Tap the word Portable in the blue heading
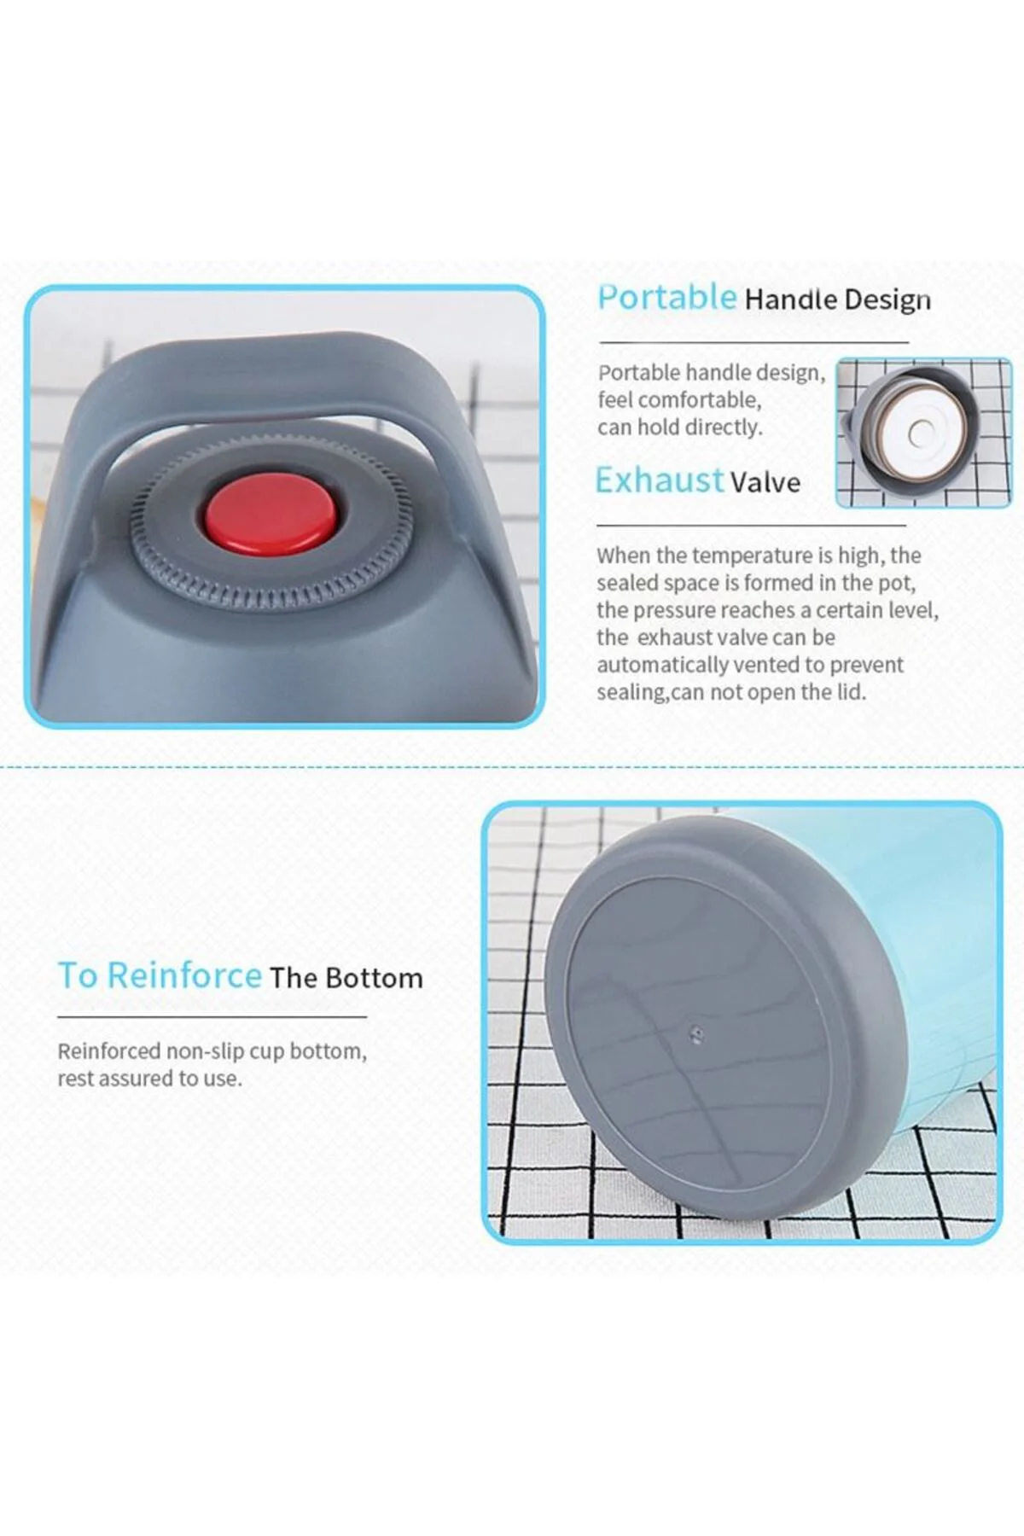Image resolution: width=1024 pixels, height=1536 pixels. [x=666, y=298]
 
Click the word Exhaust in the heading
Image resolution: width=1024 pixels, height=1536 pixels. [x=660, y=480]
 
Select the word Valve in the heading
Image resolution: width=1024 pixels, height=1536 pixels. [x=765, y=482]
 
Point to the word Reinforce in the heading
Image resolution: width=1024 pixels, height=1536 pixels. [x=184, y=975]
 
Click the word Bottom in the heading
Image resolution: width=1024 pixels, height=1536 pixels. [x=374, y=978]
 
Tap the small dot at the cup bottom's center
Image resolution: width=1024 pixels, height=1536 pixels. [x=696, y=1035]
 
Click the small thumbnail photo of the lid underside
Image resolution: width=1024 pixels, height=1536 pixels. [x=923, y=433]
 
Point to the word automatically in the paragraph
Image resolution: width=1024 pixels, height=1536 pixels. [x=656, y=666]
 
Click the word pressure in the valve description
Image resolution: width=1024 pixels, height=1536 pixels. [x=673, y=611]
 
